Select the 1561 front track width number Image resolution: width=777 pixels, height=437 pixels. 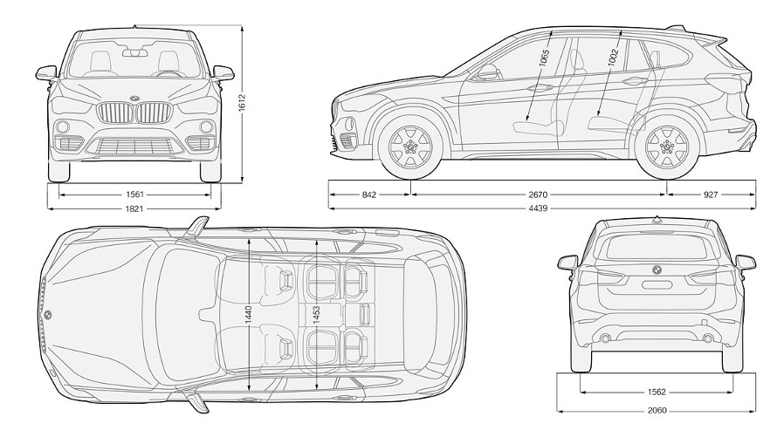pos(134,195)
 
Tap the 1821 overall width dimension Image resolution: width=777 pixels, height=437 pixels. pos(134,208)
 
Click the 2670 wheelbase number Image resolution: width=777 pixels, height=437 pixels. pos(538,195)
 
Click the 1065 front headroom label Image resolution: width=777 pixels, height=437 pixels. pos(544,61)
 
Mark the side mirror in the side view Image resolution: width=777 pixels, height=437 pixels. pos(489,72)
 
